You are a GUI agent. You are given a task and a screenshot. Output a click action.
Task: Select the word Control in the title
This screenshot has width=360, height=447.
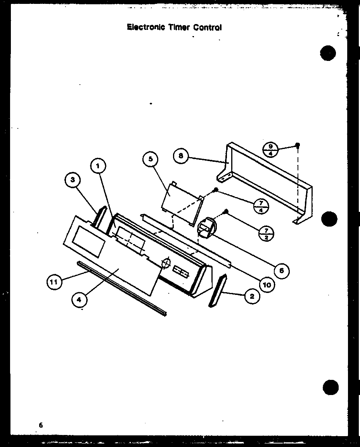tap(208, 28)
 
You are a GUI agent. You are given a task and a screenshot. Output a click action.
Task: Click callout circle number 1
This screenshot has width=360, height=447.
tap(98, 166)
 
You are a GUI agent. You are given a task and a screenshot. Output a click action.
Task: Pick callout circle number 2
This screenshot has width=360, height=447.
tap(252, 296)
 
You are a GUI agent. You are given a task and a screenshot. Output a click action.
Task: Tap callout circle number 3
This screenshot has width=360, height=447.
tap(73, 180)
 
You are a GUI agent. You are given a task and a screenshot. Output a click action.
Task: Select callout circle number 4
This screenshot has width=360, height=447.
tap(79, 300)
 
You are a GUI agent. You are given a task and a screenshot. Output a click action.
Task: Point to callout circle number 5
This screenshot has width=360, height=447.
tap(151, 159)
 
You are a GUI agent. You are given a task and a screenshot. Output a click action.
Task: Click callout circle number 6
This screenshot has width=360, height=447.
tap(281, 270)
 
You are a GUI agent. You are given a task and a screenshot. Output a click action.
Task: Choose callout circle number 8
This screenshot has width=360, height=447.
tap(181, 156)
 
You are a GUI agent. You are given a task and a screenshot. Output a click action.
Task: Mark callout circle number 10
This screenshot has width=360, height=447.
tap(267, 284)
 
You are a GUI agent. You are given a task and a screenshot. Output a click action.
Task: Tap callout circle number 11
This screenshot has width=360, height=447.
tap(54, 282)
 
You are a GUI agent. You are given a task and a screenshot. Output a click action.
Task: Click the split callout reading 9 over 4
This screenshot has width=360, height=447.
tap(270, 150)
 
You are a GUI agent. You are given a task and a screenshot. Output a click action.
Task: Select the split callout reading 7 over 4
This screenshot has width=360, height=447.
tap(261, 206)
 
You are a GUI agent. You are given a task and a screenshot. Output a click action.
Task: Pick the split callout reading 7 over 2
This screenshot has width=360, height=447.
tap(266, 234)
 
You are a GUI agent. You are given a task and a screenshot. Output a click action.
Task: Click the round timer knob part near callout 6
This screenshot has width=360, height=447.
tap(207, 227)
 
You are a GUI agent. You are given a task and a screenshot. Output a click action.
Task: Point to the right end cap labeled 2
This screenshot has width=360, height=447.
tap(218, 291)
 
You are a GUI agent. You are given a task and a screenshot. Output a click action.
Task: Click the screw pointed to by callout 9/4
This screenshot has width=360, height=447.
tap(297, 145)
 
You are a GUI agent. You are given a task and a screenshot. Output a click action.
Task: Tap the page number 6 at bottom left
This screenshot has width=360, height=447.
tap(41, 425)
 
